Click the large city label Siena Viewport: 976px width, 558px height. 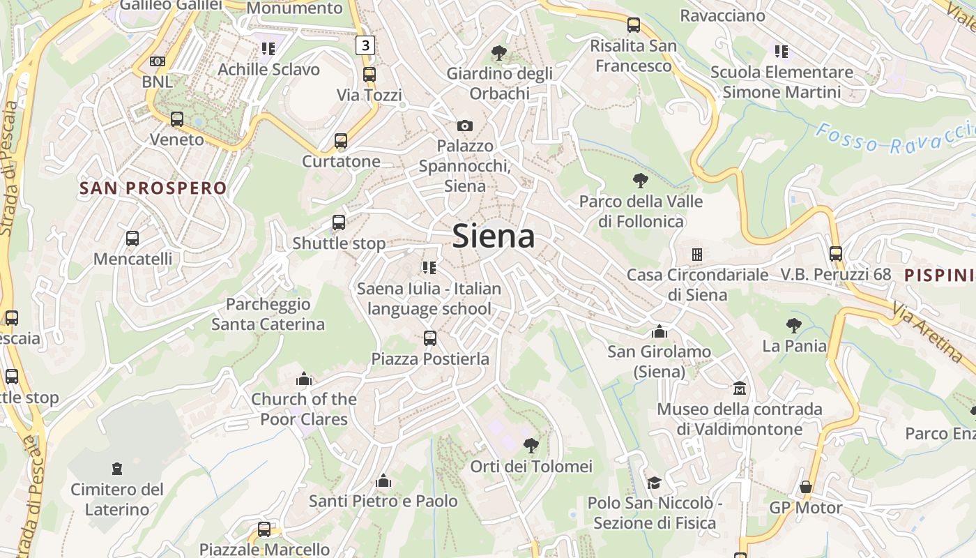click(x=494, y=236)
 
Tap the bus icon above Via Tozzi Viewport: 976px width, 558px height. click(x=369, y=74)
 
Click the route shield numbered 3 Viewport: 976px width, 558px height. click(x=365, y=46)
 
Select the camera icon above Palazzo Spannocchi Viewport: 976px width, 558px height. click(x=464, y=126)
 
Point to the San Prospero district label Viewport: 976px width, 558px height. click(x=153, y=188)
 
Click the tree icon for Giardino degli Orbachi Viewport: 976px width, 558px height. click(x=498, y=52)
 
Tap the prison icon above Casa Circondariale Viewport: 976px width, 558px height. click(x=696, y=254)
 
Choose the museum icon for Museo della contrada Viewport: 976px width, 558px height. click(x=739, y=388)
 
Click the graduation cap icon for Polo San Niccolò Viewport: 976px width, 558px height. click(x=654, y=483)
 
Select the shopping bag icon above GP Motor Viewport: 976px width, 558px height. click(x=806, y=486)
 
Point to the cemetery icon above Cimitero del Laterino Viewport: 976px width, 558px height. click(x=117, y=469)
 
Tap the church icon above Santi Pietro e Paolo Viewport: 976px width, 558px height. click(x=383, y=481)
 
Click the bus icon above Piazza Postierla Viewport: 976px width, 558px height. click(x=430, y=338)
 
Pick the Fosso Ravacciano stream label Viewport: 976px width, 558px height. click(x=896, y=139)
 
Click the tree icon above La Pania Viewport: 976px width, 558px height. click(x=793, y=325)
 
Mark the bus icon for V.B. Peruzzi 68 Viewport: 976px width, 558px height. click(x=836, y=254)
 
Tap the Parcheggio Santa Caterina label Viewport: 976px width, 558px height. click(x=268, y=314)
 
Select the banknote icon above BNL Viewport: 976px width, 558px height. click(x=158, y=61)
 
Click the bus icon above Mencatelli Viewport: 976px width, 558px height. click(x=132, y=239)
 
